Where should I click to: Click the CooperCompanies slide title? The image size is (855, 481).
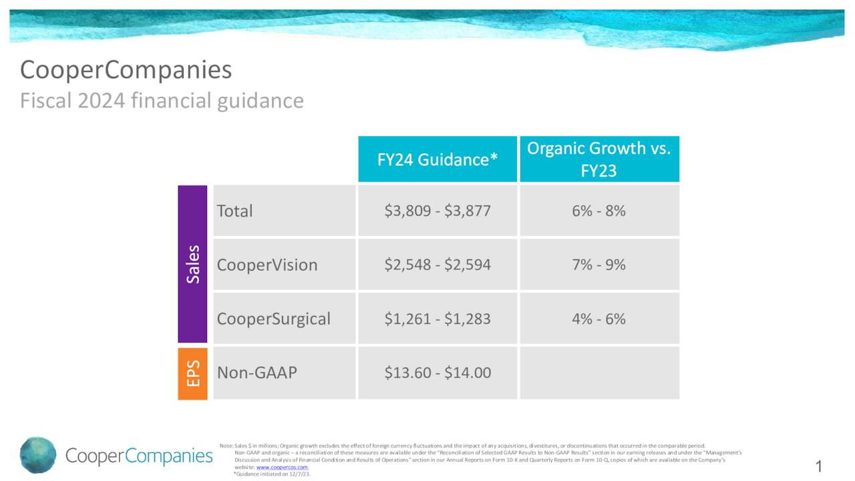[126, 69]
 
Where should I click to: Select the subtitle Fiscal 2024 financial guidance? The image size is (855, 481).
[162, 101]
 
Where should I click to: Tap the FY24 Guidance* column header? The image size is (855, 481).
[438, 160]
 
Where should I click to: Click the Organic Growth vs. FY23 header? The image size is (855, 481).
[598, 159]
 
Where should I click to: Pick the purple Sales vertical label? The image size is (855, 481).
[192, 264]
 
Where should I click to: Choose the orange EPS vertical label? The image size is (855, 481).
[192, 373]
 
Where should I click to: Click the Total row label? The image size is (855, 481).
[234, 211]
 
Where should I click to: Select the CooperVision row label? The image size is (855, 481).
[267, 265]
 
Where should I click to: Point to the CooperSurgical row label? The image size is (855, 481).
[273, 319]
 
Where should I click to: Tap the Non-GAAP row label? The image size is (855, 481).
[256, 373]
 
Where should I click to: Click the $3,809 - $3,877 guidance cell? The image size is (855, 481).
[438, 211]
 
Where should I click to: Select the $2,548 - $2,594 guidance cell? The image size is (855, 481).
[438, 265]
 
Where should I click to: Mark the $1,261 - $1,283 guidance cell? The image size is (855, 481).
[438, 319]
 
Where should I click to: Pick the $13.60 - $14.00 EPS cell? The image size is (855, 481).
[438, 373]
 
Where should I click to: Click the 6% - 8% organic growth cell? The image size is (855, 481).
[598, 211]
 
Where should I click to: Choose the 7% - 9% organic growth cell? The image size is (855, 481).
[598, 265]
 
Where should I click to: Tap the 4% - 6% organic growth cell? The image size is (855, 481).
[598, 319]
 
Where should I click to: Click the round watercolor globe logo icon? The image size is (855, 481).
[38, 456]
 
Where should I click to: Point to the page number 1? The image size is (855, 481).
[819, 466]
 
